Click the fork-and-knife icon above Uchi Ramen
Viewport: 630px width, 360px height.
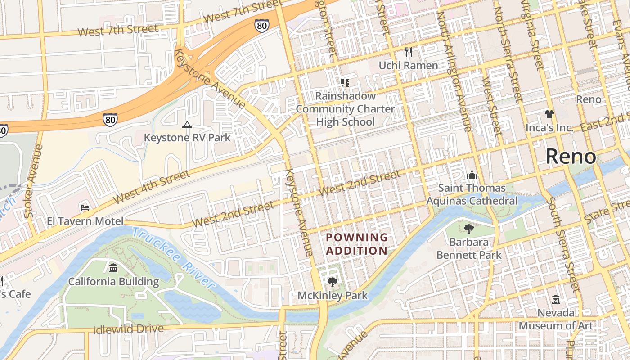pos(408,52)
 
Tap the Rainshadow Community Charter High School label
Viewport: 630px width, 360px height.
pos(345,109)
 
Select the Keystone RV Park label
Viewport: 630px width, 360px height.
pos(187,137)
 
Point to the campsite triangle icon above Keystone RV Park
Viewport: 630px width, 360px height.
pos(187,125)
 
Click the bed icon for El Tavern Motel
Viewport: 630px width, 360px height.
pos(85,207)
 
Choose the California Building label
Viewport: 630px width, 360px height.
pos(113,282)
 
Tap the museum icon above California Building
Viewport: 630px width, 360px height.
pos(113,269)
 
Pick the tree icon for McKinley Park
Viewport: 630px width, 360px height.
pos(333,282)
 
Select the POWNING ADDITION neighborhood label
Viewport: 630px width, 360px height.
pos(356,244)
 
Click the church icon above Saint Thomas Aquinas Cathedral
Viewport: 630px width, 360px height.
pos(472,174)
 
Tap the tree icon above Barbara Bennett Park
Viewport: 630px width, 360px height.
pos(468,229)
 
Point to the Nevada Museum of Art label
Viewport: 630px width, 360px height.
pos(556,319)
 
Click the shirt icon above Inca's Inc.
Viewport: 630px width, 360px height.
pos(549,114)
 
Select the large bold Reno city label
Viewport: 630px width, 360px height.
pos(571,157)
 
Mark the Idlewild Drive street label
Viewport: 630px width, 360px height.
pos(128,329)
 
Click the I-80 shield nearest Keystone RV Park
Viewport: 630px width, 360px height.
pos(110,119)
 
